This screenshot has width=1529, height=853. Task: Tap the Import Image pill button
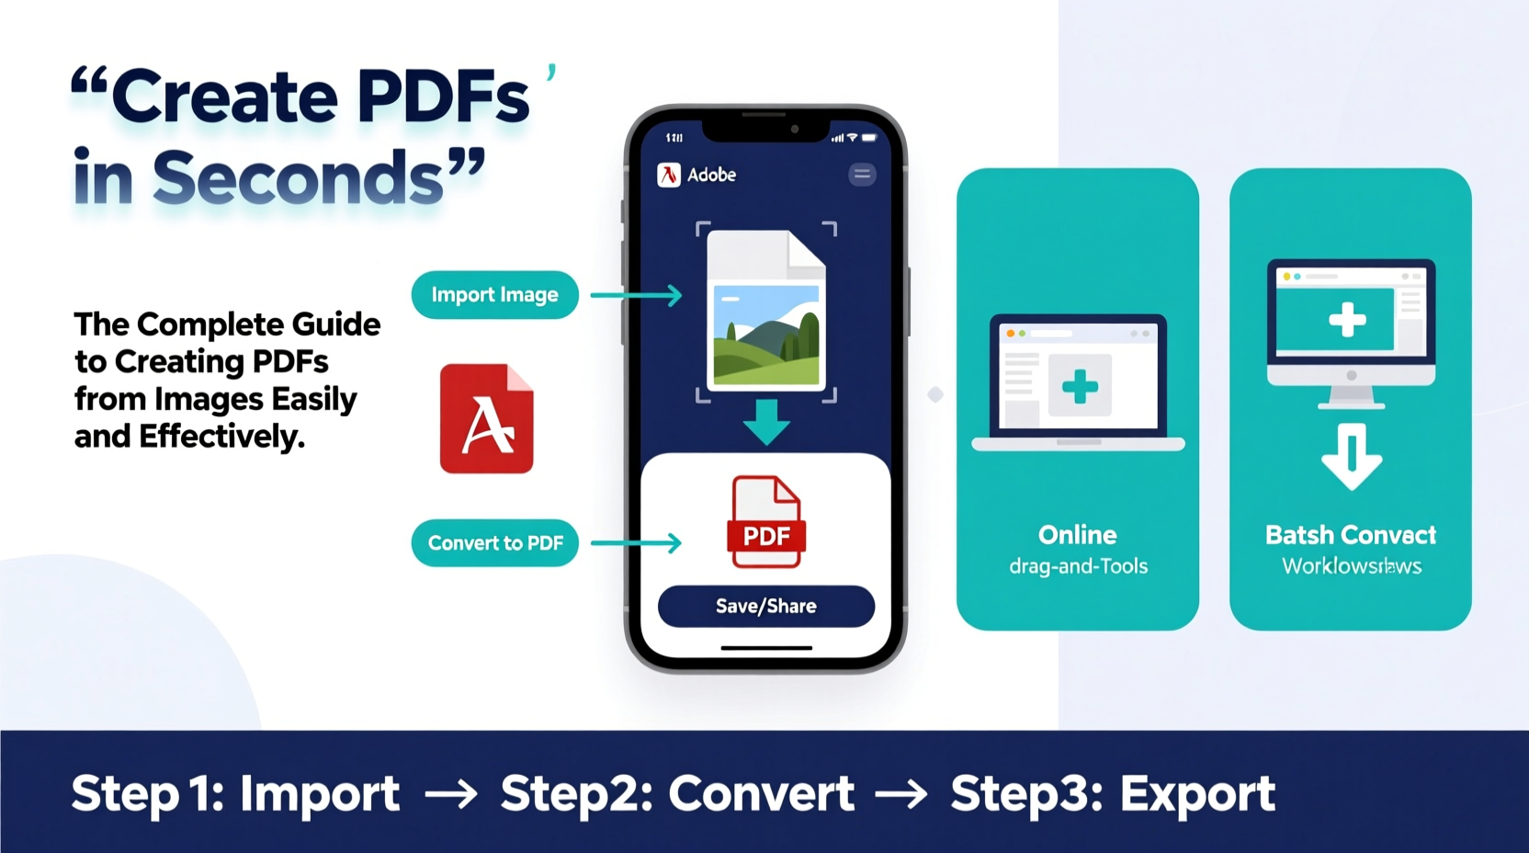494,295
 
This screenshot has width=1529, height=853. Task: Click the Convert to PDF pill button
494,543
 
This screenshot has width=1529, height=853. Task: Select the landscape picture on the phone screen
766,334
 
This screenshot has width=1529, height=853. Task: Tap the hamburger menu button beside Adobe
862,175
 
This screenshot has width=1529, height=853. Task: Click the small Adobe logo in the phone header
669,175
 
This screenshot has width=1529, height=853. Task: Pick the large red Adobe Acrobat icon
486,419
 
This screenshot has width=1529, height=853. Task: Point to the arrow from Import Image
636,295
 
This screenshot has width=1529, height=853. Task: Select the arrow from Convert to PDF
636,543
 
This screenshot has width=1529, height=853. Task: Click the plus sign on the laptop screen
1080,386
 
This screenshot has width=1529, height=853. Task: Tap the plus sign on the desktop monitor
1347,321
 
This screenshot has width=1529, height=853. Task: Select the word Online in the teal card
1077,535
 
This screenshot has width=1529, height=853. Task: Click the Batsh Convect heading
1350,535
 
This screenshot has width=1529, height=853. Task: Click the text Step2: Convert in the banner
677,793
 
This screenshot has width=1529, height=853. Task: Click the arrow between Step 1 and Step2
450,794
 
